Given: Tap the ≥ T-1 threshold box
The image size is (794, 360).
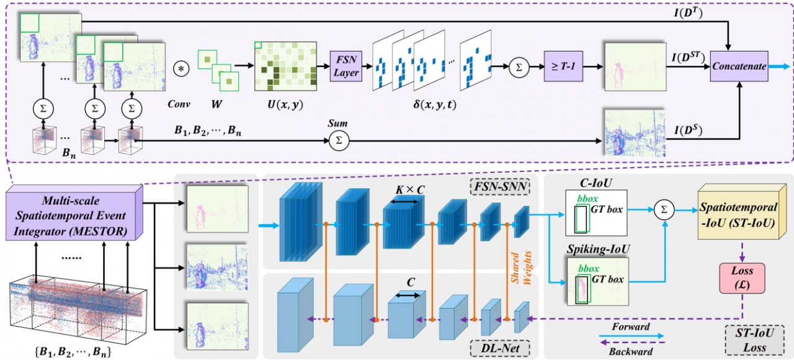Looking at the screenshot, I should [x=563, y=66].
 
